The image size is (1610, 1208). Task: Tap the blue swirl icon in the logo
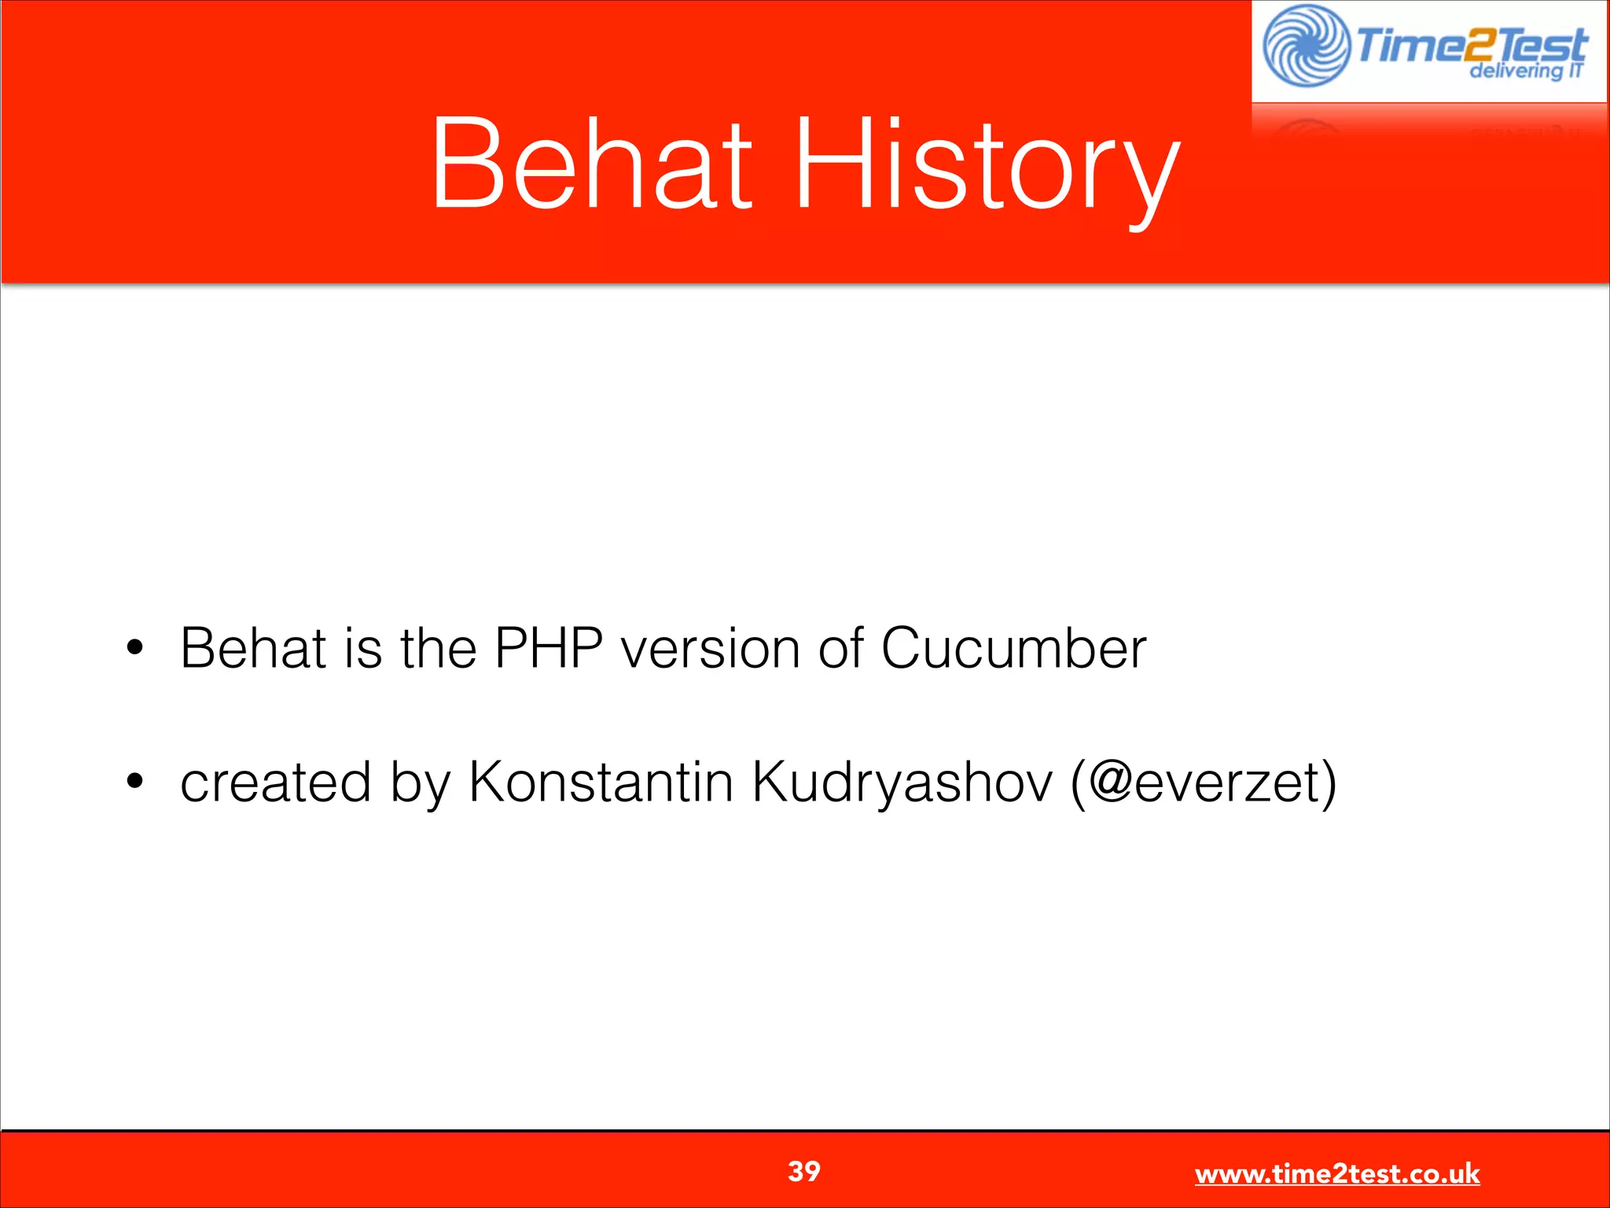coord(1306,46)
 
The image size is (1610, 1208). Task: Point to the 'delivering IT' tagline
coord(1526,72)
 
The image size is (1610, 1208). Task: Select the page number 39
coord(803,1171)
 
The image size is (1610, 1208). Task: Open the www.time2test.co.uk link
coord(1336,1174)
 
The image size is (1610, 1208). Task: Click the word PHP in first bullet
coord(548,649)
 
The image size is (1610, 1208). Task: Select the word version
coord(710,649)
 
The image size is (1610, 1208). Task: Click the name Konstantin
coord(601,783)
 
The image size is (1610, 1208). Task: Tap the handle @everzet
coord(1204,783)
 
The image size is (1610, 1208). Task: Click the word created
coord(275,783)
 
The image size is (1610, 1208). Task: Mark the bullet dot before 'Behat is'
coord(135,648)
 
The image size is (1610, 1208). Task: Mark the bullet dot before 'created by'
coord(135,781)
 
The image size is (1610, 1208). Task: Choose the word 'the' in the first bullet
coord(438,649)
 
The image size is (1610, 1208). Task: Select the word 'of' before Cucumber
coord(840,649)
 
